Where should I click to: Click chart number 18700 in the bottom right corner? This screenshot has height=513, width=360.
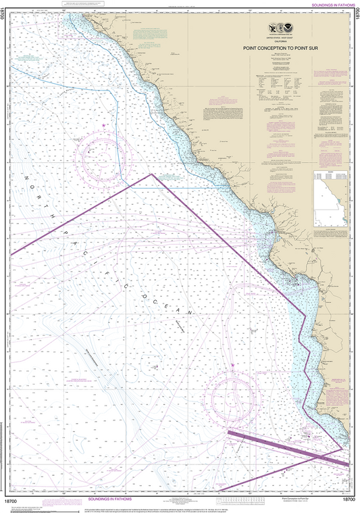[349, 499]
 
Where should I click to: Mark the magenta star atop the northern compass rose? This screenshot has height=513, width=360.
[103, 126]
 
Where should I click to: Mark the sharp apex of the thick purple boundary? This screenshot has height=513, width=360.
[151, 174]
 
